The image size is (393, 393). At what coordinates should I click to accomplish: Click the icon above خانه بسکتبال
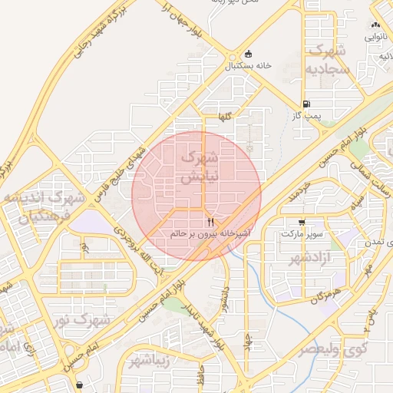click(248, 54)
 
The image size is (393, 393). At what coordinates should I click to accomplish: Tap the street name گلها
click(224, 116)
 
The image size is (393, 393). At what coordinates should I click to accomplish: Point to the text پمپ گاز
click(305, 115)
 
